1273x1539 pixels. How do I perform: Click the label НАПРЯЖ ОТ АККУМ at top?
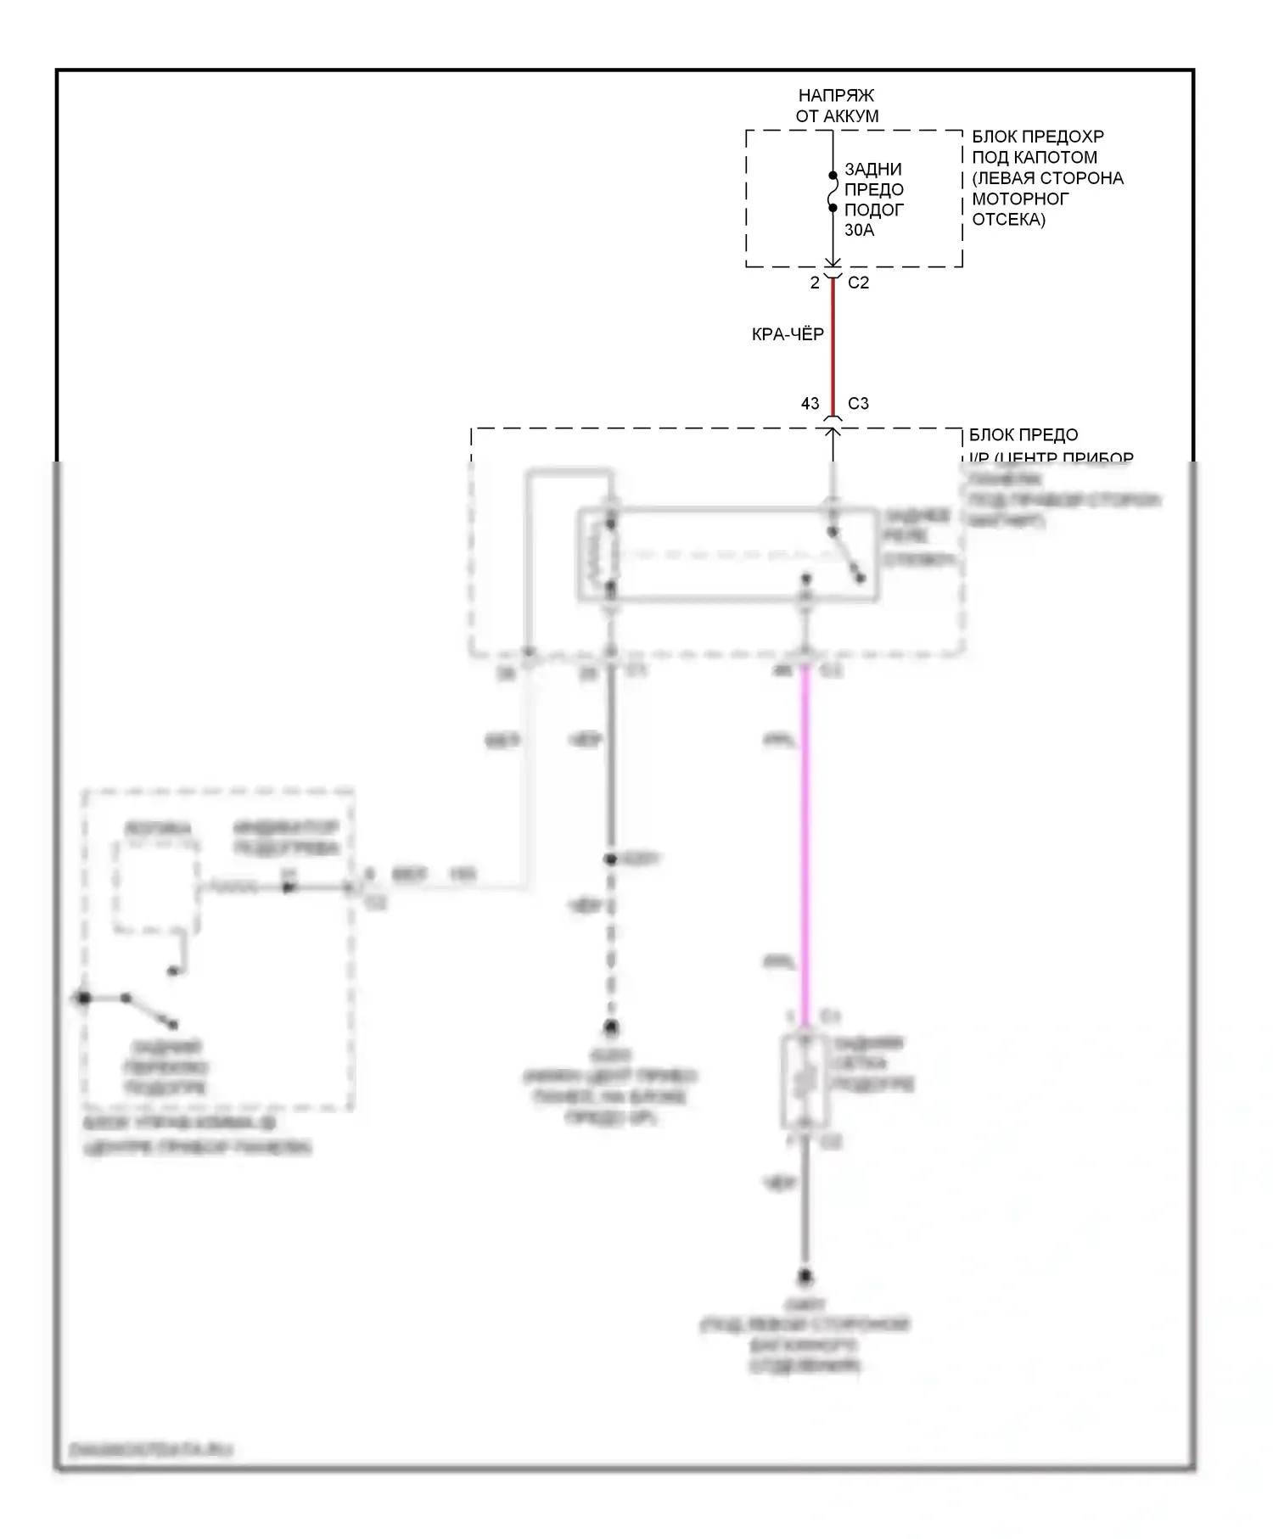click(837, 106)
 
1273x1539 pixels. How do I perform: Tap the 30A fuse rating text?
click(859, 230)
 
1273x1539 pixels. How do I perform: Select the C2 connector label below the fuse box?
click(858, 283)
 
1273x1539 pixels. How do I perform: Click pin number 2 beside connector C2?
click(815, 283)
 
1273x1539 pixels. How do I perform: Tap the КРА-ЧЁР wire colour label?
click(788, 334)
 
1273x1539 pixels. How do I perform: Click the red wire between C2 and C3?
click(833, 348)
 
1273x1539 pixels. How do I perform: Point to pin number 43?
click(810, 404)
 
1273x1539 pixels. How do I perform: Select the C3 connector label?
click(858, 404)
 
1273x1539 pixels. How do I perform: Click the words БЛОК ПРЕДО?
click(1023, 435)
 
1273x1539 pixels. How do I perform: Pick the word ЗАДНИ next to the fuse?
click(873, 169)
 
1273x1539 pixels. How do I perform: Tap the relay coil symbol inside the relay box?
click(610, 555)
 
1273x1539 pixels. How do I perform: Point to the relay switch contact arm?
click(847, 557)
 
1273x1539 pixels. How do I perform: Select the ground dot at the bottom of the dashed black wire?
click(610, 1028)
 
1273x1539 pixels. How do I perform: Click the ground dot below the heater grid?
click(805, 1276)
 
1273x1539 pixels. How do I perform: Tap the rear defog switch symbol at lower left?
click(149, 1010)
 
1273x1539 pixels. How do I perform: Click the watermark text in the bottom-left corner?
click(150, 1450)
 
